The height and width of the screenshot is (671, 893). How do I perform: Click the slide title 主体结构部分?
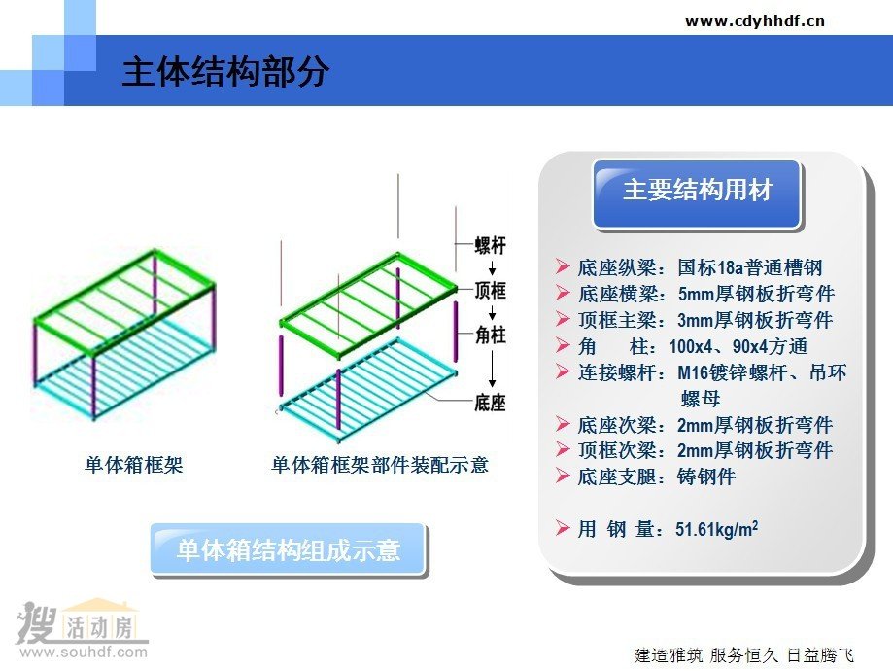(x=225, y=72)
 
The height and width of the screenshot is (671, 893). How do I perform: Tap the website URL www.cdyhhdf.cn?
(x=755, y=21)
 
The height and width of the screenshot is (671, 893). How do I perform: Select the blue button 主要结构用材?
(x=697, y=194)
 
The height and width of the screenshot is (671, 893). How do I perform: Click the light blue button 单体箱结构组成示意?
(x=289, y=549)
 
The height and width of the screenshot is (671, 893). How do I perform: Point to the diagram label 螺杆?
(x=491, y=246)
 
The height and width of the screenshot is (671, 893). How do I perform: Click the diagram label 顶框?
(x=491, y=290)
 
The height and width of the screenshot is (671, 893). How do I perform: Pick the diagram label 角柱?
(x=491, y=335)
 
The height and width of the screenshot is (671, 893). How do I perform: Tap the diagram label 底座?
(x=491, y=403)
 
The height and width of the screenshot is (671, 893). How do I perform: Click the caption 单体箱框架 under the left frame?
(x=134, y=465)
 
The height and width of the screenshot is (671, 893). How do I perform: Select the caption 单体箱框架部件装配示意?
(x=380, y=465)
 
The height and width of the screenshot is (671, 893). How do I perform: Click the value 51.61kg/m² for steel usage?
(x=716, y=529)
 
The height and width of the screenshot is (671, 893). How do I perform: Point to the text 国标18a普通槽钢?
(x=750, y=267)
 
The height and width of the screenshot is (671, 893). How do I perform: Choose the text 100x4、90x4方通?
(x=738, y=346)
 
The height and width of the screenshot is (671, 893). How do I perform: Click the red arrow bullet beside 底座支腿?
(x=563, y=476)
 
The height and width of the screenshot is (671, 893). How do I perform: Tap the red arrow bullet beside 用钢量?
(x=563, y=528)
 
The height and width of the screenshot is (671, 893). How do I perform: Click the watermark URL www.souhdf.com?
(x=84, y=652)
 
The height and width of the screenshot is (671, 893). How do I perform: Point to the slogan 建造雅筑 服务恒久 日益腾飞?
(x=744, y=655)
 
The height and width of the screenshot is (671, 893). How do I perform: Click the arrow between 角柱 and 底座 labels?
(x=492, y=369)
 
